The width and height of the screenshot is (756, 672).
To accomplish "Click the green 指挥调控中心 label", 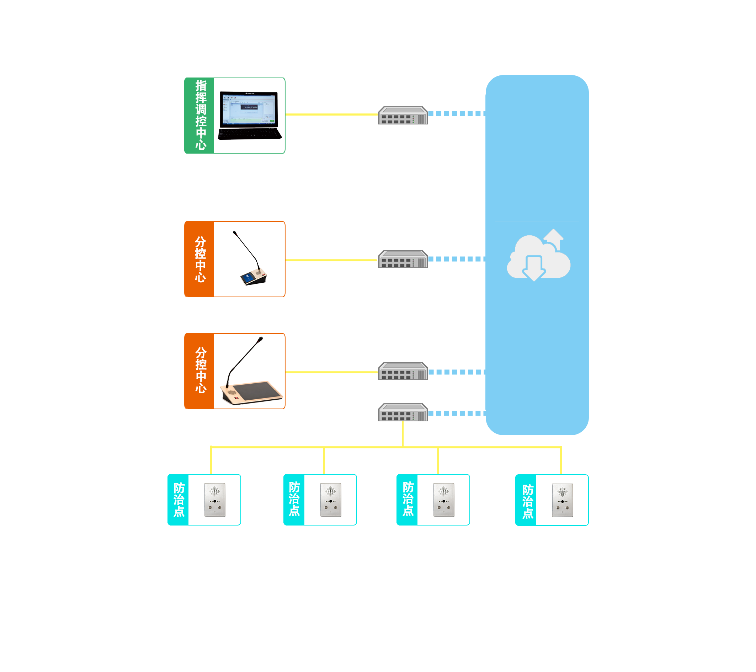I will (199, 116).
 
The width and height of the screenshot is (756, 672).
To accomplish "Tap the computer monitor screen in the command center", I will (249, 109).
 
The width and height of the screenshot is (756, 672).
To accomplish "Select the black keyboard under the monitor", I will (250, 134).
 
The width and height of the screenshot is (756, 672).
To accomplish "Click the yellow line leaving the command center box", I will (331, 114).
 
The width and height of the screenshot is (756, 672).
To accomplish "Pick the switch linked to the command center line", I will (403, 116).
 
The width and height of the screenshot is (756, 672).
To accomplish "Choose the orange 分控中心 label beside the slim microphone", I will (199, 259).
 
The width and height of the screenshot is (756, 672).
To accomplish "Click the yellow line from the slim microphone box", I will (331, 260).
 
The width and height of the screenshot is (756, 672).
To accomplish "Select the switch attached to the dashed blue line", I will (403, 259).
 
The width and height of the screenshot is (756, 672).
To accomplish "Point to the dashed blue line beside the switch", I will (457, 259).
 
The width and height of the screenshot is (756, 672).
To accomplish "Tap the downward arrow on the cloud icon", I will (534, 268).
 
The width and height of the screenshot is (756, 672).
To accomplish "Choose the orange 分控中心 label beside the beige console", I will (199, 370).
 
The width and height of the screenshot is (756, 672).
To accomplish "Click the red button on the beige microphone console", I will (236, 398).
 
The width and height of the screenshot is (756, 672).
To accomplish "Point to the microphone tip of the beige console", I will (260, 339).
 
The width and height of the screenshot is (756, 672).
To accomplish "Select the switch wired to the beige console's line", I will (403, 371).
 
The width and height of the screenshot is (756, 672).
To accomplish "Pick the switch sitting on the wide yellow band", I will (403, 412).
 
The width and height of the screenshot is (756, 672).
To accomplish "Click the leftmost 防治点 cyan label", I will (178, 500).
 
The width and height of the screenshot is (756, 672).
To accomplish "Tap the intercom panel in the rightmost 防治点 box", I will (562, 500).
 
